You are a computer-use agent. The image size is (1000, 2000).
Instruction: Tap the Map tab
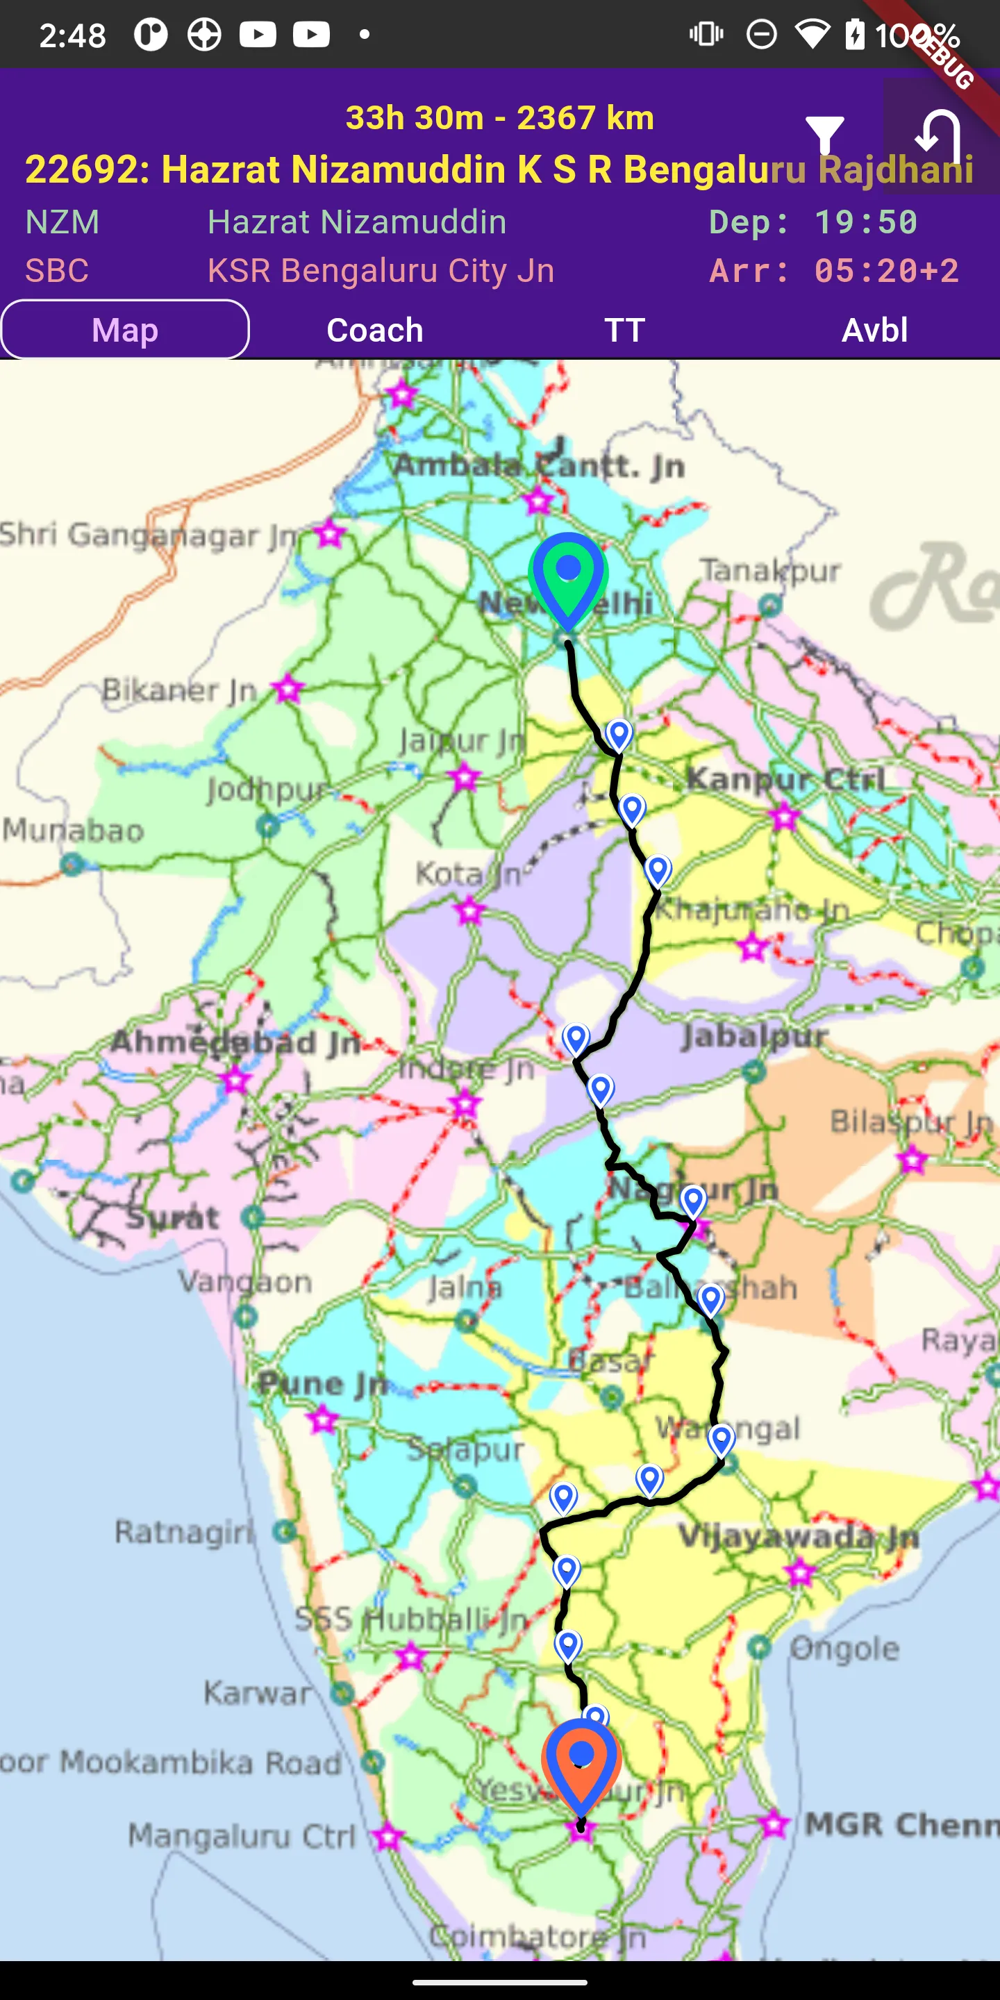(125, 330)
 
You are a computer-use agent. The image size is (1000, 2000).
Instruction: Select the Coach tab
(375, 330)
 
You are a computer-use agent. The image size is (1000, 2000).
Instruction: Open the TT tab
(624, 330)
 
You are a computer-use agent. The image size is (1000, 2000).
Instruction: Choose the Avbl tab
(874, 330)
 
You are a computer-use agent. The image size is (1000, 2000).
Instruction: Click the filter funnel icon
(824, 137)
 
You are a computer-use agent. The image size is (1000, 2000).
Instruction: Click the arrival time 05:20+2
(886, 271)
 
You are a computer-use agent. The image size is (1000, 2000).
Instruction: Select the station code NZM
(62, 223)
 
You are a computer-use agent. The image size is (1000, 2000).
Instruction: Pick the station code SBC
(57, 271)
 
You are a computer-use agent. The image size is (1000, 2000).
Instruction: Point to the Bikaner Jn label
(179, 690)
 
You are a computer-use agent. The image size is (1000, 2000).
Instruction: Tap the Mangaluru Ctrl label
(242, 1836)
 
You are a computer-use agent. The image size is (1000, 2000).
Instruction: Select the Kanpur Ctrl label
(785, 778)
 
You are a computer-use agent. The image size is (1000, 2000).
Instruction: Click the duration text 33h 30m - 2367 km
(499, 118)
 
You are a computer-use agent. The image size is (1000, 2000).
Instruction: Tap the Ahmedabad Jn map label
(235, 1042)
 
